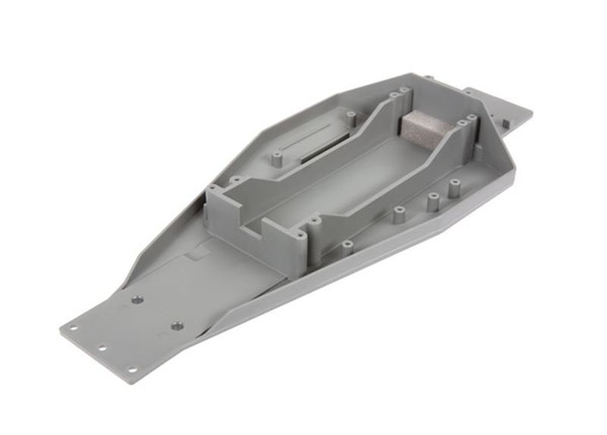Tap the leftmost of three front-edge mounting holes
click(73, 329)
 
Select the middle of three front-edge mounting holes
click(102, 349)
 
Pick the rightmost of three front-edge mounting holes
click(131, 370)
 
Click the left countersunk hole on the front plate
click(137, 300)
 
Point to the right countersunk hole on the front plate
click(176, 326)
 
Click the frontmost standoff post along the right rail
click(347, 246)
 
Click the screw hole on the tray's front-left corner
click(212, 188)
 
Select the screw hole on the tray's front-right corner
click(301, 237)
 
